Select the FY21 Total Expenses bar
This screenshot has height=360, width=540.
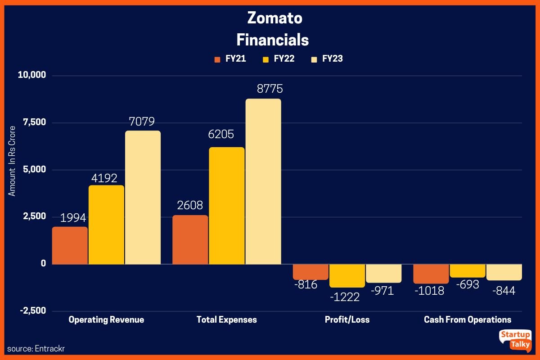[x=190, y=239]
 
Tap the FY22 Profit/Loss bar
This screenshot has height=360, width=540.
[x=347, y=275]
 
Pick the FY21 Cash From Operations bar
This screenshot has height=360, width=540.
[x=431, y=274]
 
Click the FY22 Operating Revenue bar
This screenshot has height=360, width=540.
[x=106, y=225]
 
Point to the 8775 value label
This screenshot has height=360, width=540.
[x=270, y=89]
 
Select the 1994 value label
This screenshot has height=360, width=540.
[x=73, y=218]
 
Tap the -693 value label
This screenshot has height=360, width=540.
[x=467, y=284]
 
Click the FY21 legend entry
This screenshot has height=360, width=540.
[x=230, y=59]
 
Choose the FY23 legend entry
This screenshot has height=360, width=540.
[x=327, y=59]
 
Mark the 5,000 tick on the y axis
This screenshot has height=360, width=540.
[x=35, y=170]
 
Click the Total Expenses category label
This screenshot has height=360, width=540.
[x=227, y=320]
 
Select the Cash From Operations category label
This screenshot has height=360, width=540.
[x=468, y=320]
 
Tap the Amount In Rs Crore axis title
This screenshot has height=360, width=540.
[x=13, y=161]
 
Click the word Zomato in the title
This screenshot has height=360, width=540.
[x=274, y=18]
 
